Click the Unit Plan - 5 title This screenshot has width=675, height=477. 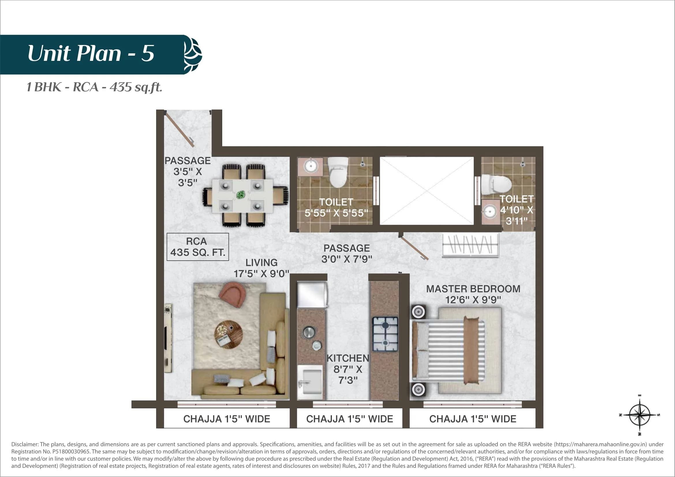[91, 53]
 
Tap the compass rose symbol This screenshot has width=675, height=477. [640, 415]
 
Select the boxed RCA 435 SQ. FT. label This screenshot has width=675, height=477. [198, 247]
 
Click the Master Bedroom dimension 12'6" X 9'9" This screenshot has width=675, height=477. [473, 300]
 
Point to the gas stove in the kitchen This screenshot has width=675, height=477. [385, 334]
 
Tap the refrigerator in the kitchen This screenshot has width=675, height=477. [312, 295]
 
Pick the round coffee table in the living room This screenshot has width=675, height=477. [228, 335]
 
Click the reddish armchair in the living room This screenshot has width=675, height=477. [233, 294]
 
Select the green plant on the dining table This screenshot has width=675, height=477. [241, 194]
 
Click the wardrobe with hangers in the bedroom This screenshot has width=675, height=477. [470, 244]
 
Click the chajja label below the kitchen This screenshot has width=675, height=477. [349, 419]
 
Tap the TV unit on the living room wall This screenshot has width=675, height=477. [168, 338]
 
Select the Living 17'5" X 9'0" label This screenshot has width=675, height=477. [261, 268]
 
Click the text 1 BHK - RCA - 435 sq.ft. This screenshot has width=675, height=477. [94, 87]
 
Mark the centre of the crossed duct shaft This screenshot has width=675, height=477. [427, 191]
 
